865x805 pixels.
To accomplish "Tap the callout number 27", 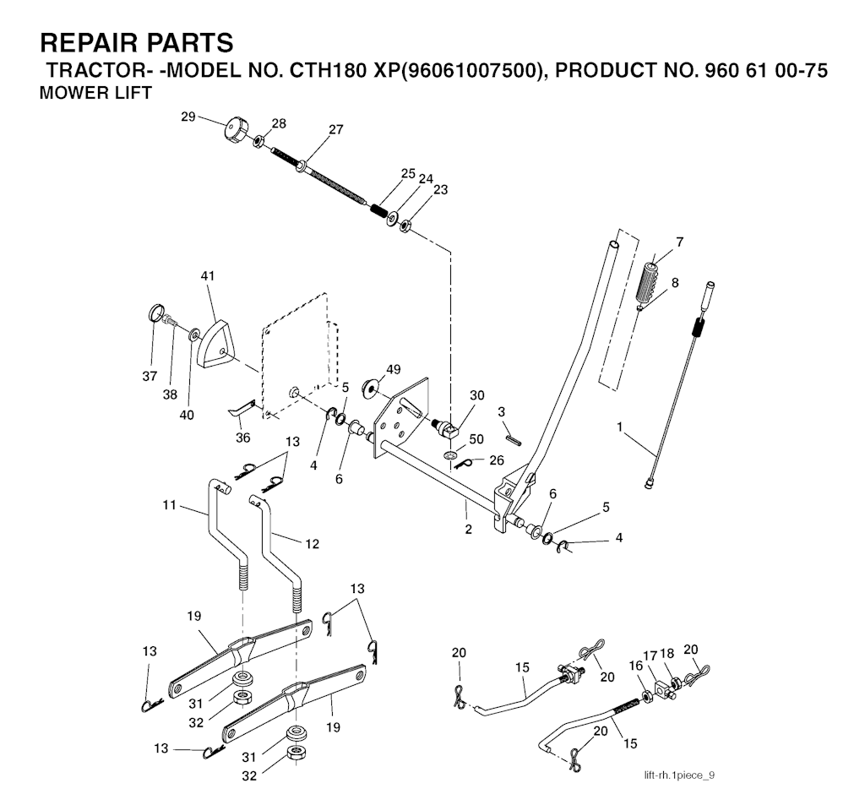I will (x=336, y=129).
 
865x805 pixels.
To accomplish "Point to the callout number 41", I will (x=208, y=276).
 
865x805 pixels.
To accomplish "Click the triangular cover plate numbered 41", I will (x=217, y=343).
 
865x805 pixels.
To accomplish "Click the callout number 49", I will (x=394, y=368).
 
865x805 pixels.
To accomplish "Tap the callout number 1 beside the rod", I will (x=621, y=428).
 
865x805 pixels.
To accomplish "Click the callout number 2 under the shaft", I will (x=467, y=530).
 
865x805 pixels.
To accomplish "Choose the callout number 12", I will (x=313, y=544).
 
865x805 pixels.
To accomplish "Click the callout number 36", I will (x=243, y=438).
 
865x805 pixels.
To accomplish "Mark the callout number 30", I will (x=476, y=394).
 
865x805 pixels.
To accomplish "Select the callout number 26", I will (x=496, y=460).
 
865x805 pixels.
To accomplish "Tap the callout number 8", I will (x=675, y=282).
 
